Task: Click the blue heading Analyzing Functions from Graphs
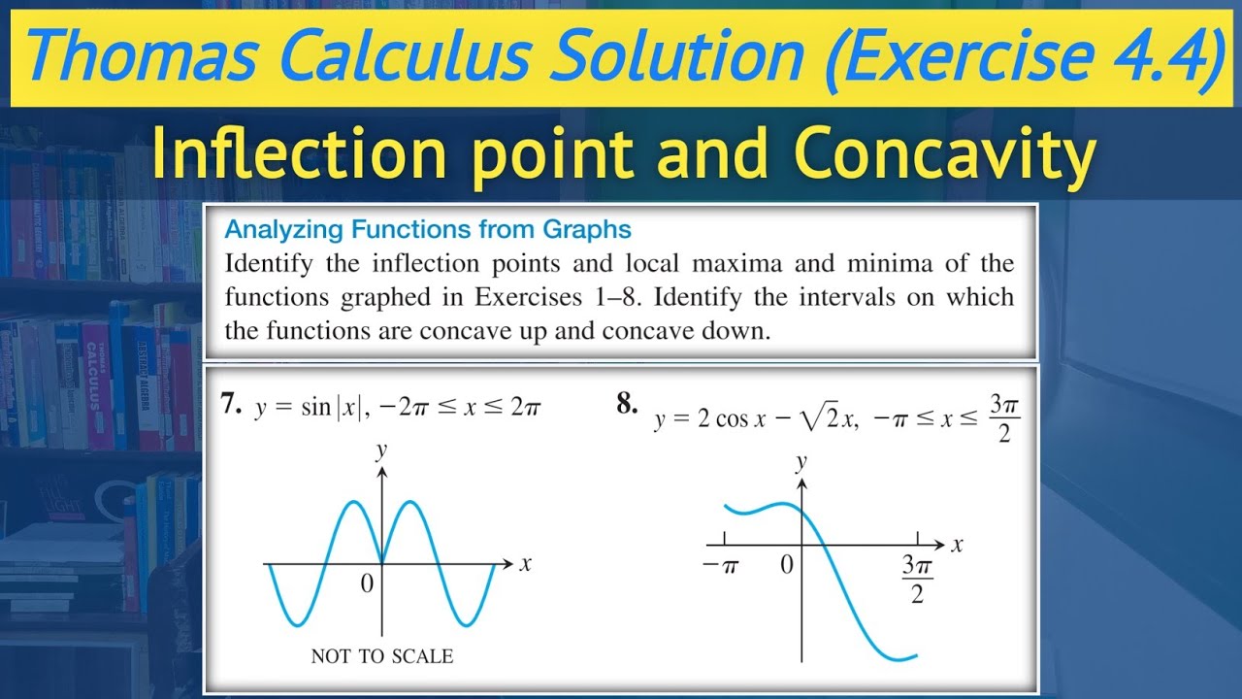coord(428,230)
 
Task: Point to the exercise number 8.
coord(627,404)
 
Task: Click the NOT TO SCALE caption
coord(381,656)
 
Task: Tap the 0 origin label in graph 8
coord(787,564)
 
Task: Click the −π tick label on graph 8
coord(721,565)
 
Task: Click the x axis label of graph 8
coord(957,545)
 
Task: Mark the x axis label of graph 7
coord(525,564)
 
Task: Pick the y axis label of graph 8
coord(801,462)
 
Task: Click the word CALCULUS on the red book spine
coord(98,374)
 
